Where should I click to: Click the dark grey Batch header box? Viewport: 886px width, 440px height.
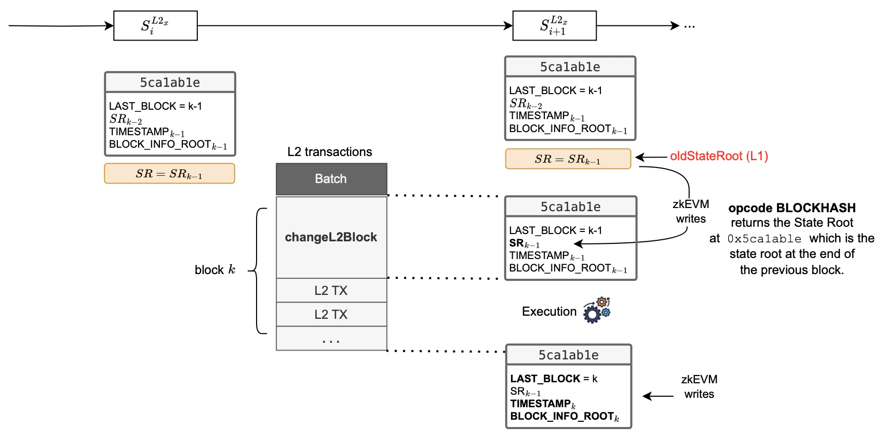click(x=331, y=179)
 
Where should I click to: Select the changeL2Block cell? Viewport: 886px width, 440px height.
click(x=331, y=237)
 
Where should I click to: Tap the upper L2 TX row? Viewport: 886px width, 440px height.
click(x=331, y=290)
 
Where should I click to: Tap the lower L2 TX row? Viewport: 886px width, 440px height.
click(x=331, y=314)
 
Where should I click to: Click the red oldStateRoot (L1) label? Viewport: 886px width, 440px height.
click(x=719, y=156)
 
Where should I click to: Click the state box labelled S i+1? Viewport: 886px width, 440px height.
click(x=554, y=25)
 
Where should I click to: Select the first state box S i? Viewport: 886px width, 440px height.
click(x=155, y=25)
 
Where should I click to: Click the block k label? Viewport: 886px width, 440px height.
click(x=214, y=270)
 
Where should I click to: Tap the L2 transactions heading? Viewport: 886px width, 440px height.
click(x=330, y=152)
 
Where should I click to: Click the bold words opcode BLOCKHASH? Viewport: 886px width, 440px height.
click(x=791, y=208)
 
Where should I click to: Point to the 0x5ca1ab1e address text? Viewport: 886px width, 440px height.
click(x=764, y=239)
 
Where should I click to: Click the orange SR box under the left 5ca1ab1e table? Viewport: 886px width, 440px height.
click(x=169, y=174)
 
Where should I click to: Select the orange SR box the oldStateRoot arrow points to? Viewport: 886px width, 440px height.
click(x=568, y=159)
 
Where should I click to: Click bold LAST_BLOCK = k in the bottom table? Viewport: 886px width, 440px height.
click(x=554, y=379)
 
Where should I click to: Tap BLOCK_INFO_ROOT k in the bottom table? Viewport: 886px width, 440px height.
click(x=564, y=417)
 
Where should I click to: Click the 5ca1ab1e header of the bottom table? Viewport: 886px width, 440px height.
click(x=568, y=355)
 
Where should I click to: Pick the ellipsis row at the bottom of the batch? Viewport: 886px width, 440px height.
click(x=331, y=339)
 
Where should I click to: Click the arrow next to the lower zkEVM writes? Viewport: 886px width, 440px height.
click(x=658, y=396)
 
